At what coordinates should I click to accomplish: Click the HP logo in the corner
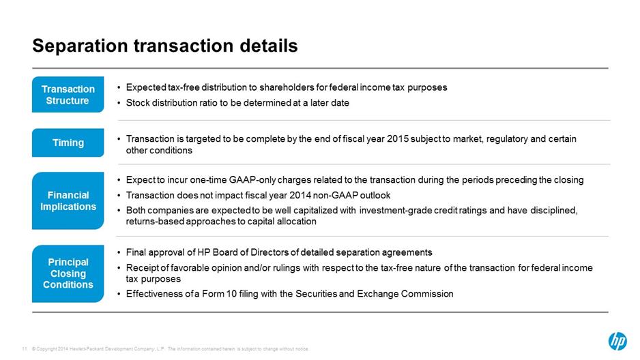click(x=617, y=341)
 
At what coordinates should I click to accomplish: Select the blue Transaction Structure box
click(x=68, y=94)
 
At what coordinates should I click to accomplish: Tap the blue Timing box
click(x=68, y=142)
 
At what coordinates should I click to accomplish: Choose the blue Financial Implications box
click(x=68, y=200)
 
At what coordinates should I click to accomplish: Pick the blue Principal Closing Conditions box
click(x=68, y=273)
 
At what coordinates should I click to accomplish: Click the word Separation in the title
click(x=80, y=46)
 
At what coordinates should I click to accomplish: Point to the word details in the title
click(x=269, y=45)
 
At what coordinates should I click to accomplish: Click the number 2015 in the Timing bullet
click(x=398, y=139)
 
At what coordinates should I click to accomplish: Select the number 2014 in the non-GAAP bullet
click(x=300, y=195)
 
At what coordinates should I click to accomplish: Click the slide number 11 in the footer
click(x=24, y=349)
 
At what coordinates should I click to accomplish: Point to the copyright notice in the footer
click(x=171, y=349)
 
